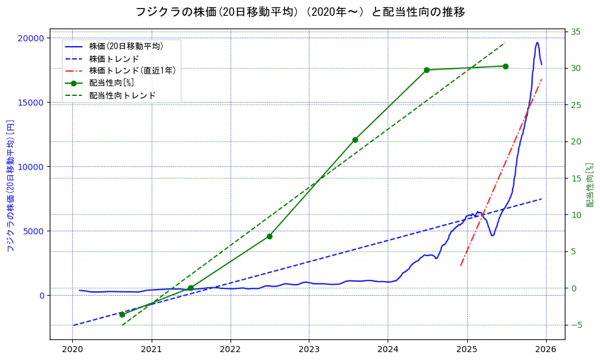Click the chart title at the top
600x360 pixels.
[300, 12]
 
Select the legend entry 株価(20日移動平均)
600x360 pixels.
[126, 46]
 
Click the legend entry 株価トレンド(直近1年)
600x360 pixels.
[132, 70]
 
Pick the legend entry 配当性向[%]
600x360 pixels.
[111, 83]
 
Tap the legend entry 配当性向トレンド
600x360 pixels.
[122, 95]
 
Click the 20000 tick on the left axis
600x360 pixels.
[32, 38]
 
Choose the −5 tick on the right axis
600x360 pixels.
[576, 325]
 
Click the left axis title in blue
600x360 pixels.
[10, 186]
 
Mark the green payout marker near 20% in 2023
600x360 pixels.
[355, 140]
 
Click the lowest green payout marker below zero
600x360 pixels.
[122, 314]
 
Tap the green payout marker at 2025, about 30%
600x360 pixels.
[505, 66]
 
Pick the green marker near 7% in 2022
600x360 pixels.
[269, 236]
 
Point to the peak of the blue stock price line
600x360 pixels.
[537, 42]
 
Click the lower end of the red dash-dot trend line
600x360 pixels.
[461, 265]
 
